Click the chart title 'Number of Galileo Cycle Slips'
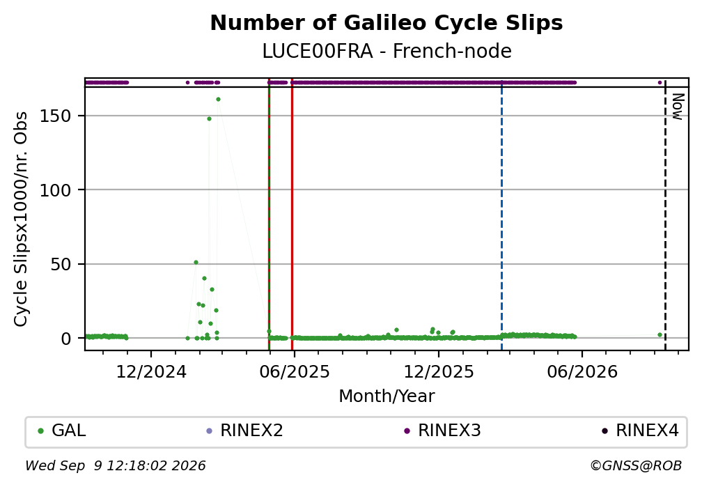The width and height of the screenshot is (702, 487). click(387, 23)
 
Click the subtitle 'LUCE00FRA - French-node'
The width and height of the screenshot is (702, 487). click(387, 52)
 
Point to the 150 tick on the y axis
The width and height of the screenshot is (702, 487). click(56, 116)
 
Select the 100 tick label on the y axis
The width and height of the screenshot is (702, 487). click(56, 190)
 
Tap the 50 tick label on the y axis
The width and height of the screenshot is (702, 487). click(61, 264)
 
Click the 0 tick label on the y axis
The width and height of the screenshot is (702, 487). click(66, 339)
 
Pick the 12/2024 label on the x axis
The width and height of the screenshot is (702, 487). click(151, 372)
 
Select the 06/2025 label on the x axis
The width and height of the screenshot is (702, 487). click(294, 372)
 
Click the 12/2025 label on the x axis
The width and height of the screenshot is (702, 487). click(439, 372)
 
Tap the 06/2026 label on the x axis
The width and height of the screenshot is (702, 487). click(582, 372)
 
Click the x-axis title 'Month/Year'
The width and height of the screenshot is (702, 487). click(387, 396)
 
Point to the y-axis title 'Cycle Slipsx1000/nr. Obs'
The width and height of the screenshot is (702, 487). click(21, 219)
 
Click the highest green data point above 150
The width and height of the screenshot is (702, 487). click(218, 100)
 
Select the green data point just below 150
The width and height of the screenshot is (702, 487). click(209, 118)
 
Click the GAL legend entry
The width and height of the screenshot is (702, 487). click(62, 431)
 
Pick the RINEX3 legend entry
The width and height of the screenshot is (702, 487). click(442, 431)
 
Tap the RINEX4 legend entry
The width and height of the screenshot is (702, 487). click(640, 431)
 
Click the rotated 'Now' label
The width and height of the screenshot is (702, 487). click(679, 107)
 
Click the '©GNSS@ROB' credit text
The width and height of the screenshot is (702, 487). click(636, 466)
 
